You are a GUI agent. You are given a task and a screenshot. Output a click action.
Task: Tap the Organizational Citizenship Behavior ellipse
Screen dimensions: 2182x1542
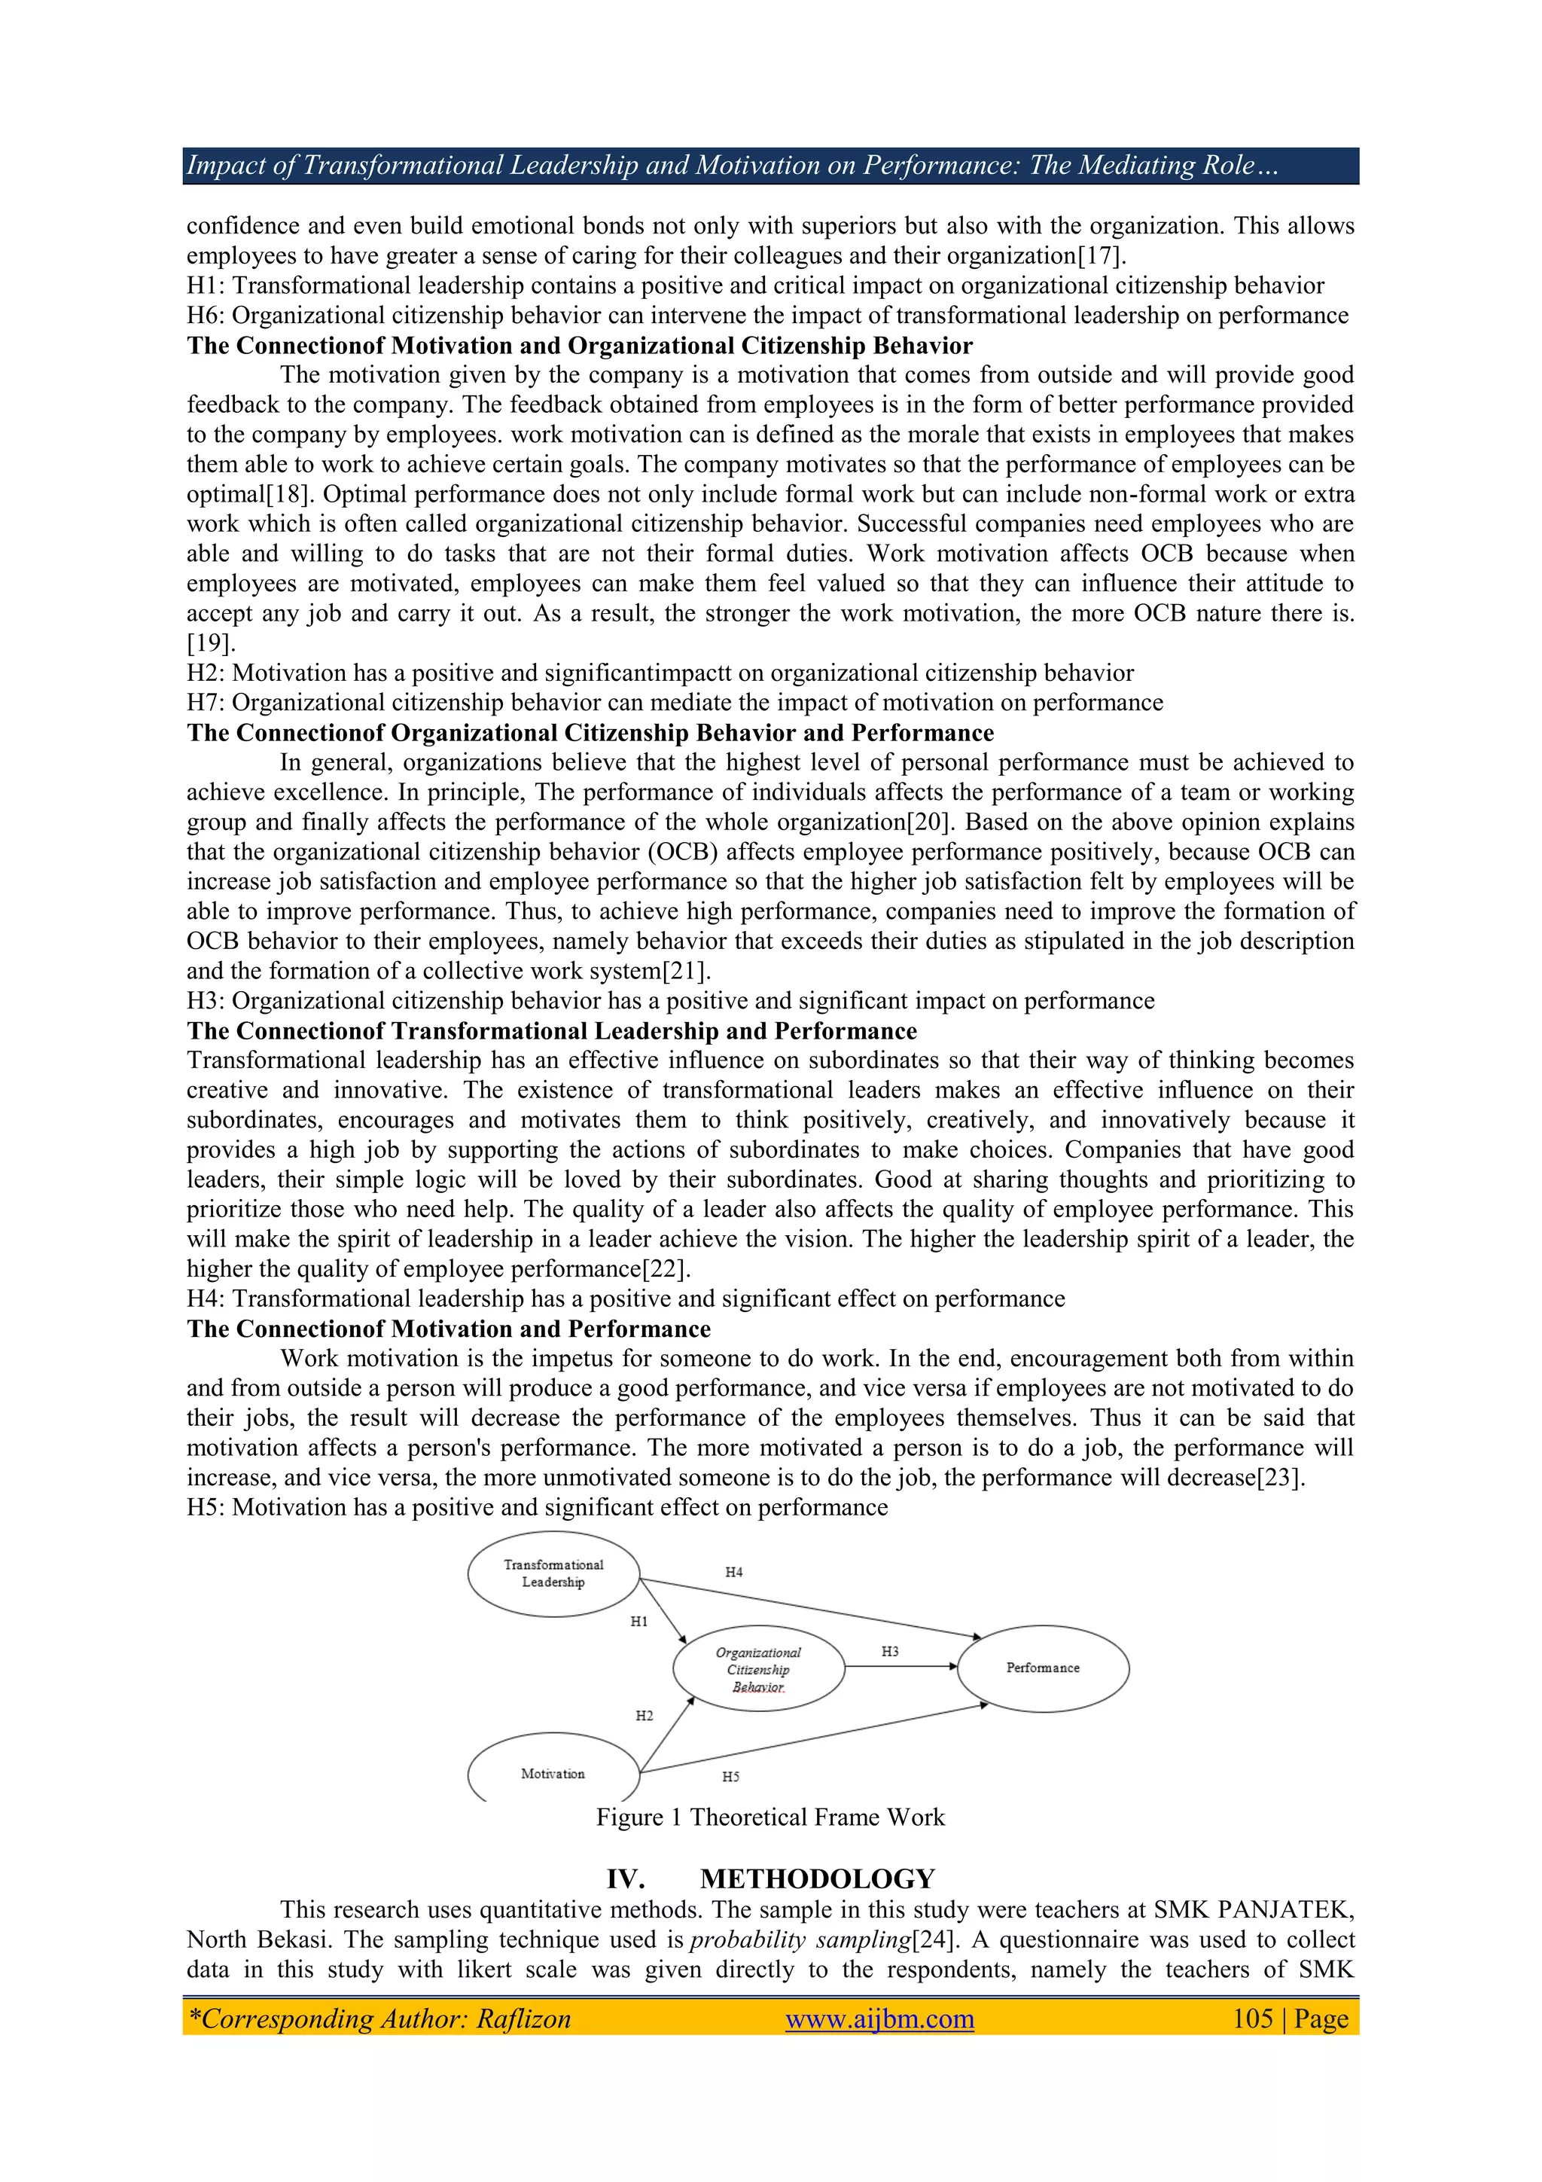tap(758, 1669)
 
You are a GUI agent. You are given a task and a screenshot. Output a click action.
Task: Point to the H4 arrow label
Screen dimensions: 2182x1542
tap(733, 1572)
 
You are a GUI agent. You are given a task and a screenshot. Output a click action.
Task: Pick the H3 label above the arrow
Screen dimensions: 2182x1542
tap(889, 1652)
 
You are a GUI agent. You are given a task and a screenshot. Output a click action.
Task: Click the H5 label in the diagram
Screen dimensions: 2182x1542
tap(730, 1776)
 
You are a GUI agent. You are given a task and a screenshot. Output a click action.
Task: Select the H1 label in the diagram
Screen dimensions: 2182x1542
tap(638, 1622)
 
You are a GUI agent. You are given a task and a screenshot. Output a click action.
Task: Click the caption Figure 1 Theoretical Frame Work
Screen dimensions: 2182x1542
tap(770, 1817)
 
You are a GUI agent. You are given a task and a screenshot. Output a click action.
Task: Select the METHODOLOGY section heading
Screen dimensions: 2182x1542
tap(817, 1878)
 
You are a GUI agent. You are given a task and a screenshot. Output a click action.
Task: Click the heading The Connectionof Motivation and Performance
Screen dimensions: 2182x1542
tap(449, 1329)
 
